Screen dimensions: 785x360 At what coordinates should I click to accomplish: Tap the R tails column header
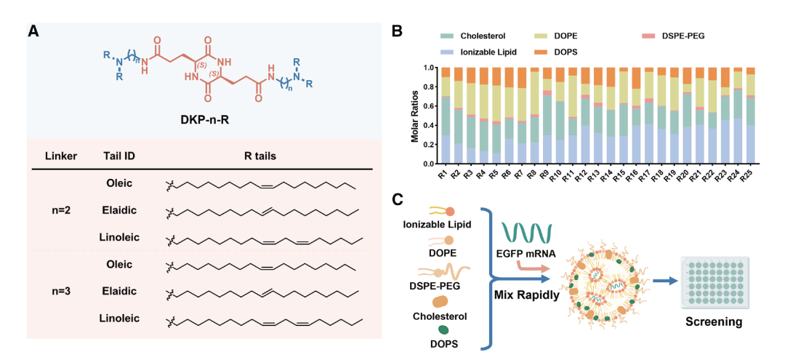click(264, 156)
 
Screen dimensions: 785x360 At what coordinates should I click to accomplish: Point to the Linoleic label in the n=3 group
click(119, 318)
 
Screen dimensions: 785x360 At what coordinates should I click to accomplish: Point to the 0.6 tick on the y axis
click(427, 106)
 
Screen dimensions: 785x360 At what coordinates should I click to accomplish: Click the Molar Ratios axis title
click(416, 116)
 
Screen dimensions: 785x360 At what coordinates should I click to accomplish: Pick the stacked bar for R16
click(636, 116)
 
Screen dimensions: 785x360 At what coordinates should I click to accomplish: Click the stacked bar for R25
click(750, 116)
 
